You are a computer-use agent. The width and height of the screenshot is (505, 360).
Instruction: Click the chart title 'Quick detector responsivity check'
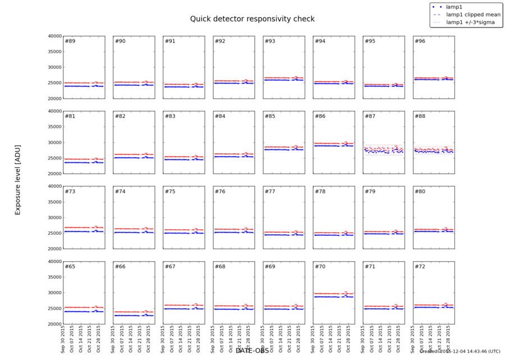[252, 19]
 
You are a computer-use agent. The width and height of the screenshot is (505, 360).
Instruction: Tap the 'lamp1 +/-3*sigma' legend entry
[470, 22]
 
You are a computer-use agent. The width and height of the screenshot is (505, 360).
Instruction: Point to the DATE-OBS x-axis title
[252, 351]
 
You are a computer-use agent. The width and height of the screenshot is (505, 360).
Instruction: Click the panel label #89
[70, 42]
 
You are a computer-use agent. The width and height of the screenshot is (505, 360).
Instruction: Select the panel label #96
[420, 42]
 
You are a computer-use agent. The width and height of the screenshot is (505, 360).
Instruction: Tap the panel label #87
[370, 116]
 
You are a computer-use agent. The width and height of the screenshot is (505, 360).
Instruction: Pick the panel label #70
[320, 266]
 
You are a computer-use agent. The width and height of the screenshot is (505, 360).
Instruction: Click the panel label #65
[70, 266]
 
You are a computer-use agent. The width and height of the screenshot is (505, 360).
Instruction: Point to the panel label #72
[420, 266]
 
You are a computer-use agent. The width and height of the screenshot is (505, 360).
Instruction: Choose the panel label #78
[320, 192]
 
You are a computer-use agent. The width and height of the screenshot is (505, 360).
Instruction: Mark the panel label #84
[220, 116]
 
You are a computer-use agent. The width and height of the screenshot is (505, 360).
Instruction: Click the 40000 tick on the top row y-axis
[54, 36]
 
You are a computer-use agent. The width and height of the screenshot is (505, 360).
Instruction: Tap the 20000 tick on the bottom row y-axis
[54, 324]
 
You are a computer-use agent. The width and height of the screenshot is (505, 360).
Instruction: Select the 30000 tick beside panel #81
[54, 143]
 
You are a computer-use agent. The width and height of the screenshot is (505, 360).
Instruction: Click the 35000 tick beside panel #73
[54, 202]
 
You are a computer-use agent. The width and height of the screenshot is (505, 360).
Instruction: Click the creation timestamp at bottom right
[460, 352]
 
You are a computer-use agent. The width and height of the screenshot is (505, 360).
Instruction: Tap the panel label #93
[270, 42]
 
